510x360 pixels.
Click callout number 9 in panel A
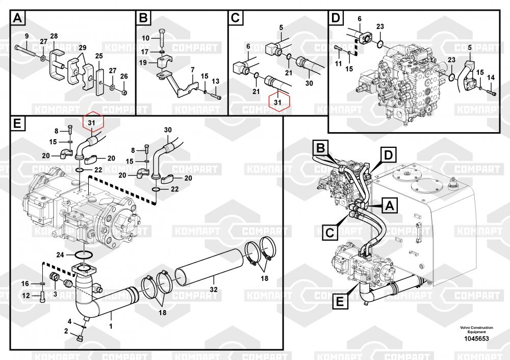coord(27,36)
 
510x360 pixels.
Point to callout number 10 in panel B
coord(145,38)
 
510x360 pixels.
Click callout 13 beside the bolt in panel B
coord(215,82)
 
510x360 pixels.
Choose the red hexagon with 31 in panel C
coord(277,102)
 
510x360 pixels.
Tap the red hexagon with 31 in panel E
coord(91,123)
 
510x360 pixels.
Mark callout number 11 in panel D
coord(338,63)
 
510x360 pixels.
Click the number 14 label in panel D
coord(491,78)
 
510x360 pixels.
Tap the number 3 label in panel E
coord(55,293)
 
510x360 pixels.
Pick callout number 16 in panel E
coord(25,283)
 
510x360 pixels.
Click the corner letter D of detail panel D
coord(335,19)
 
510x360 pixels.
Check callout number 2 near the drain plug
coord(66,331)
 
